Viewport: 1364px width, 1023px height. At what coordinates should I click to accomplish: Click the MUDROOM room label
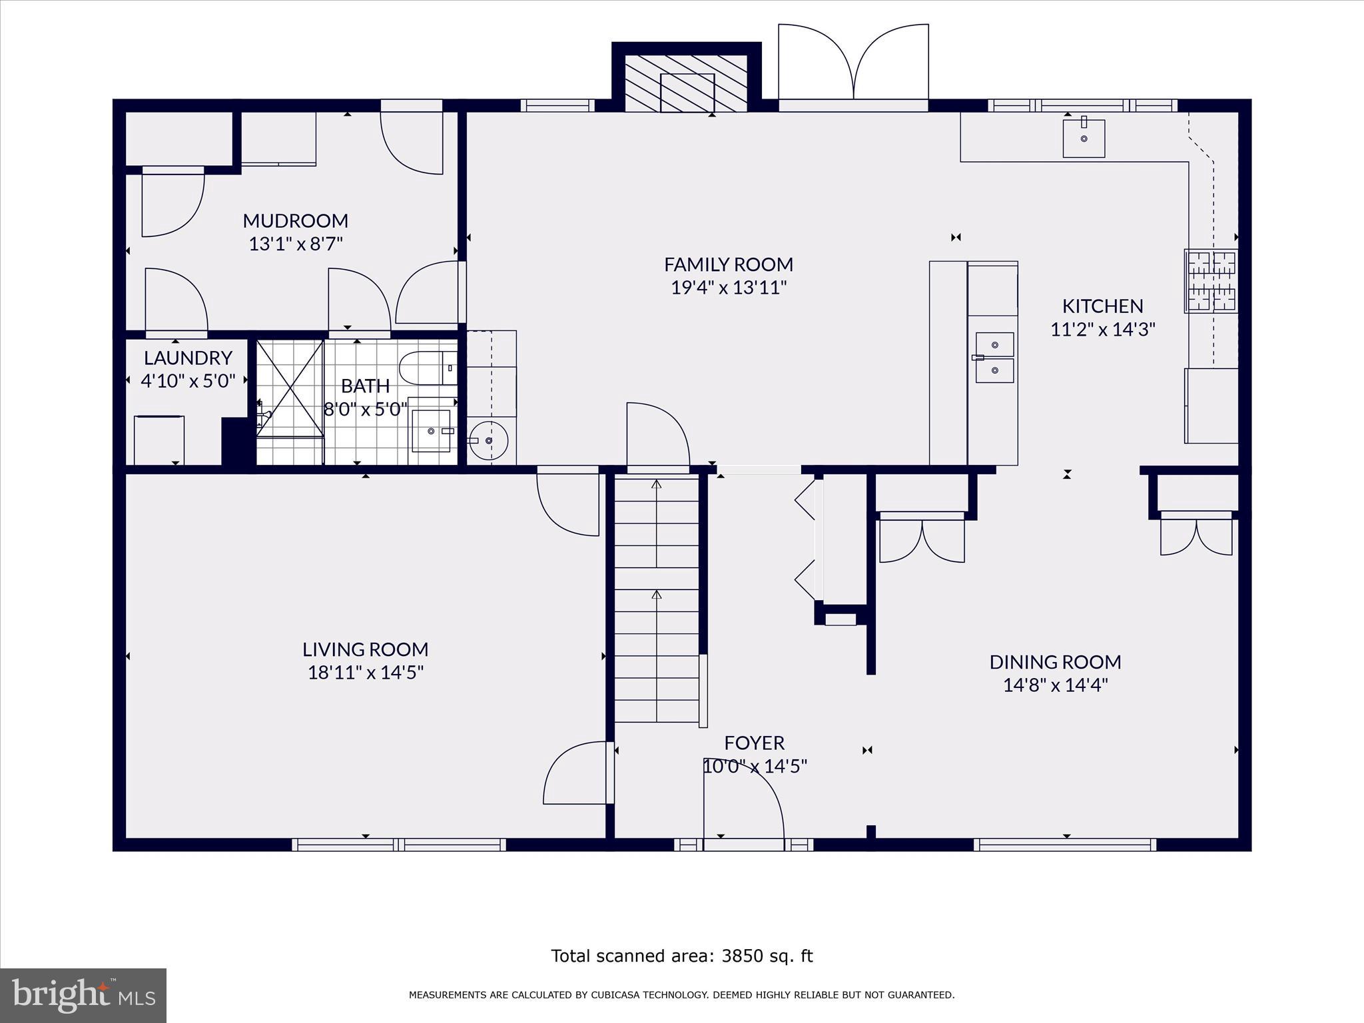tap(295, 220)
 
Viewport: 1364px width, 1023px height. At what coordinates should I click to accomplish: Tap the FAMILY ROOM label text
tap(729, 264)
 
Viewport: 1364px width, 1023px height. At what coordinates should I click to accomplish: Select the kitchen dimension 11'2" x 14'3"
tap(1102, 329)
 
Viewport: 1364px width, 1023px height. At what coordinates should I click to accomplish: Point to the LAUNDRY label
tap(188, 358)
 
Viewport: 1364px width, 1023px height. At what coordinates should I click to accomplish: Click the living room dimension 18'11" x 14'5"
tap(366, 672)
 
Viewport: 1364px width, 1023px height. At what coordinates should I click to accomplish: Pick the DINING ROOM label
tap(1055, 662)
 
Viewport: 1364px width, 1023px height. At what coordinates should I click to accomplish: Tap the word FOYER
tap(755, 743)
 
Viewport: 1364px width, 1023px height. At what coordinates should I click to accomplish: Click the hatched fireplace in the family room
tap(686, 83)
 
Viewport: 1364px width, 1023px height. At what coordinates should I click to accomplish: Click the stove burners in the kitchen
tap(1211, 281)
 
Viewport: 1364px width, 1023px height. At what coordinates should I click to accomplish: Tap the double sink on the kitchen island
tap(994, 358)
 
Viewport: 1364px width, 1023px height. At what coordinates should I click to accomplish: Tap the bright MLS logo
tap(83, 995)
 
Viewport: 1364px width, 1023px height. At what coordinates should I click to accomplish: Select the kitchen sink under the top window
tap(1084, 138)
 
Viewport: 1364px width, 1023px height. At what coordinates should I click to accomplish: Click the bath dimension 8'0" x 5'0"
tap(366, 408)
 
